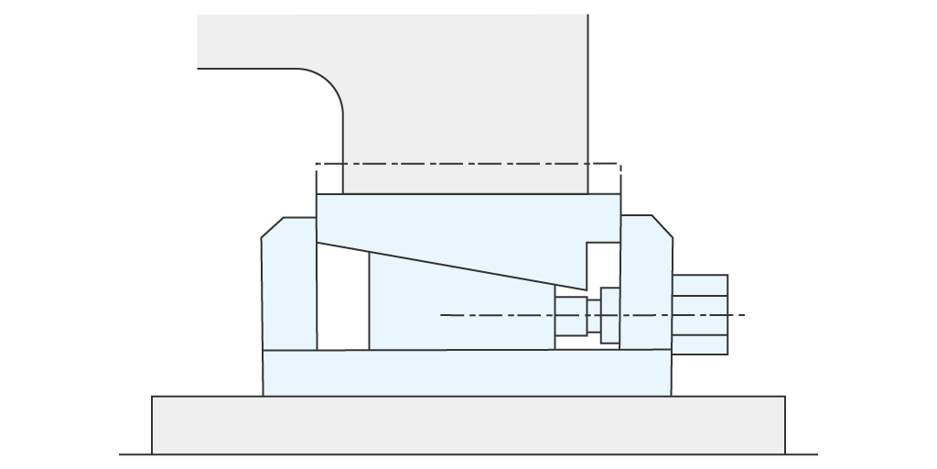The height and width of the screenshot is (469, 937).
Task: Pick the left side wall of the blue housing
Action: pyautogui.click(x=288, y=284)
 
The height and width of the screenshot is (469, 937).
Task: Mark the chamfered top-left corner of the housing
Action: pyautogui.click(x=273, y=227)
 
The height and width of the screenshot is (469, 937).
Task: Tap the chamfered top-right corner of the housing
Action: pyautogui.click(x=662, y=226)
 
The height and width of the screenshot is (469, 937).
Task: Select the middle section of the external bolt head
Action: pyautogui.click(x=700, y=314)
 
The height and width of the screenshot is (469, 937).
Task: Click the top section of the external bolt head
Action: pyautogui.click(x=700, y=285)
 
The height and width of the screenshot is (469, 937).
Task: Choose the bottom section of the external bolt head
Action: pyautogui.click(x=700, y=344)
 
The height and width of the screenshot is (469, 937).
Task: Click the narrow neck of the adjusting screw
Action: pyautogui.click(x=594, y=316)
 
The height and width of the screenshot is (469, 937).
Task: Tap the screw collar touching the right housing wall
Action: pyautogui.click(x=610, y=316)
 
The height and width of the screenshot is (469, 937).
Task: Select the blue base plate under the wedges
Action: pyautogui.click(x=467, y=373)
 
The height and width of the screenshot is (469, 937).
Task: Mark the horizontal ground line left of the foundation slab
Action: pyautogui.click(x=135, y=454)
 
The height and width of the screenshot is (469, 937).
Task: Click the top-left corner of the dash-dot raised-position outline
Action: pyautogui.click(x=317, y=165)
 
